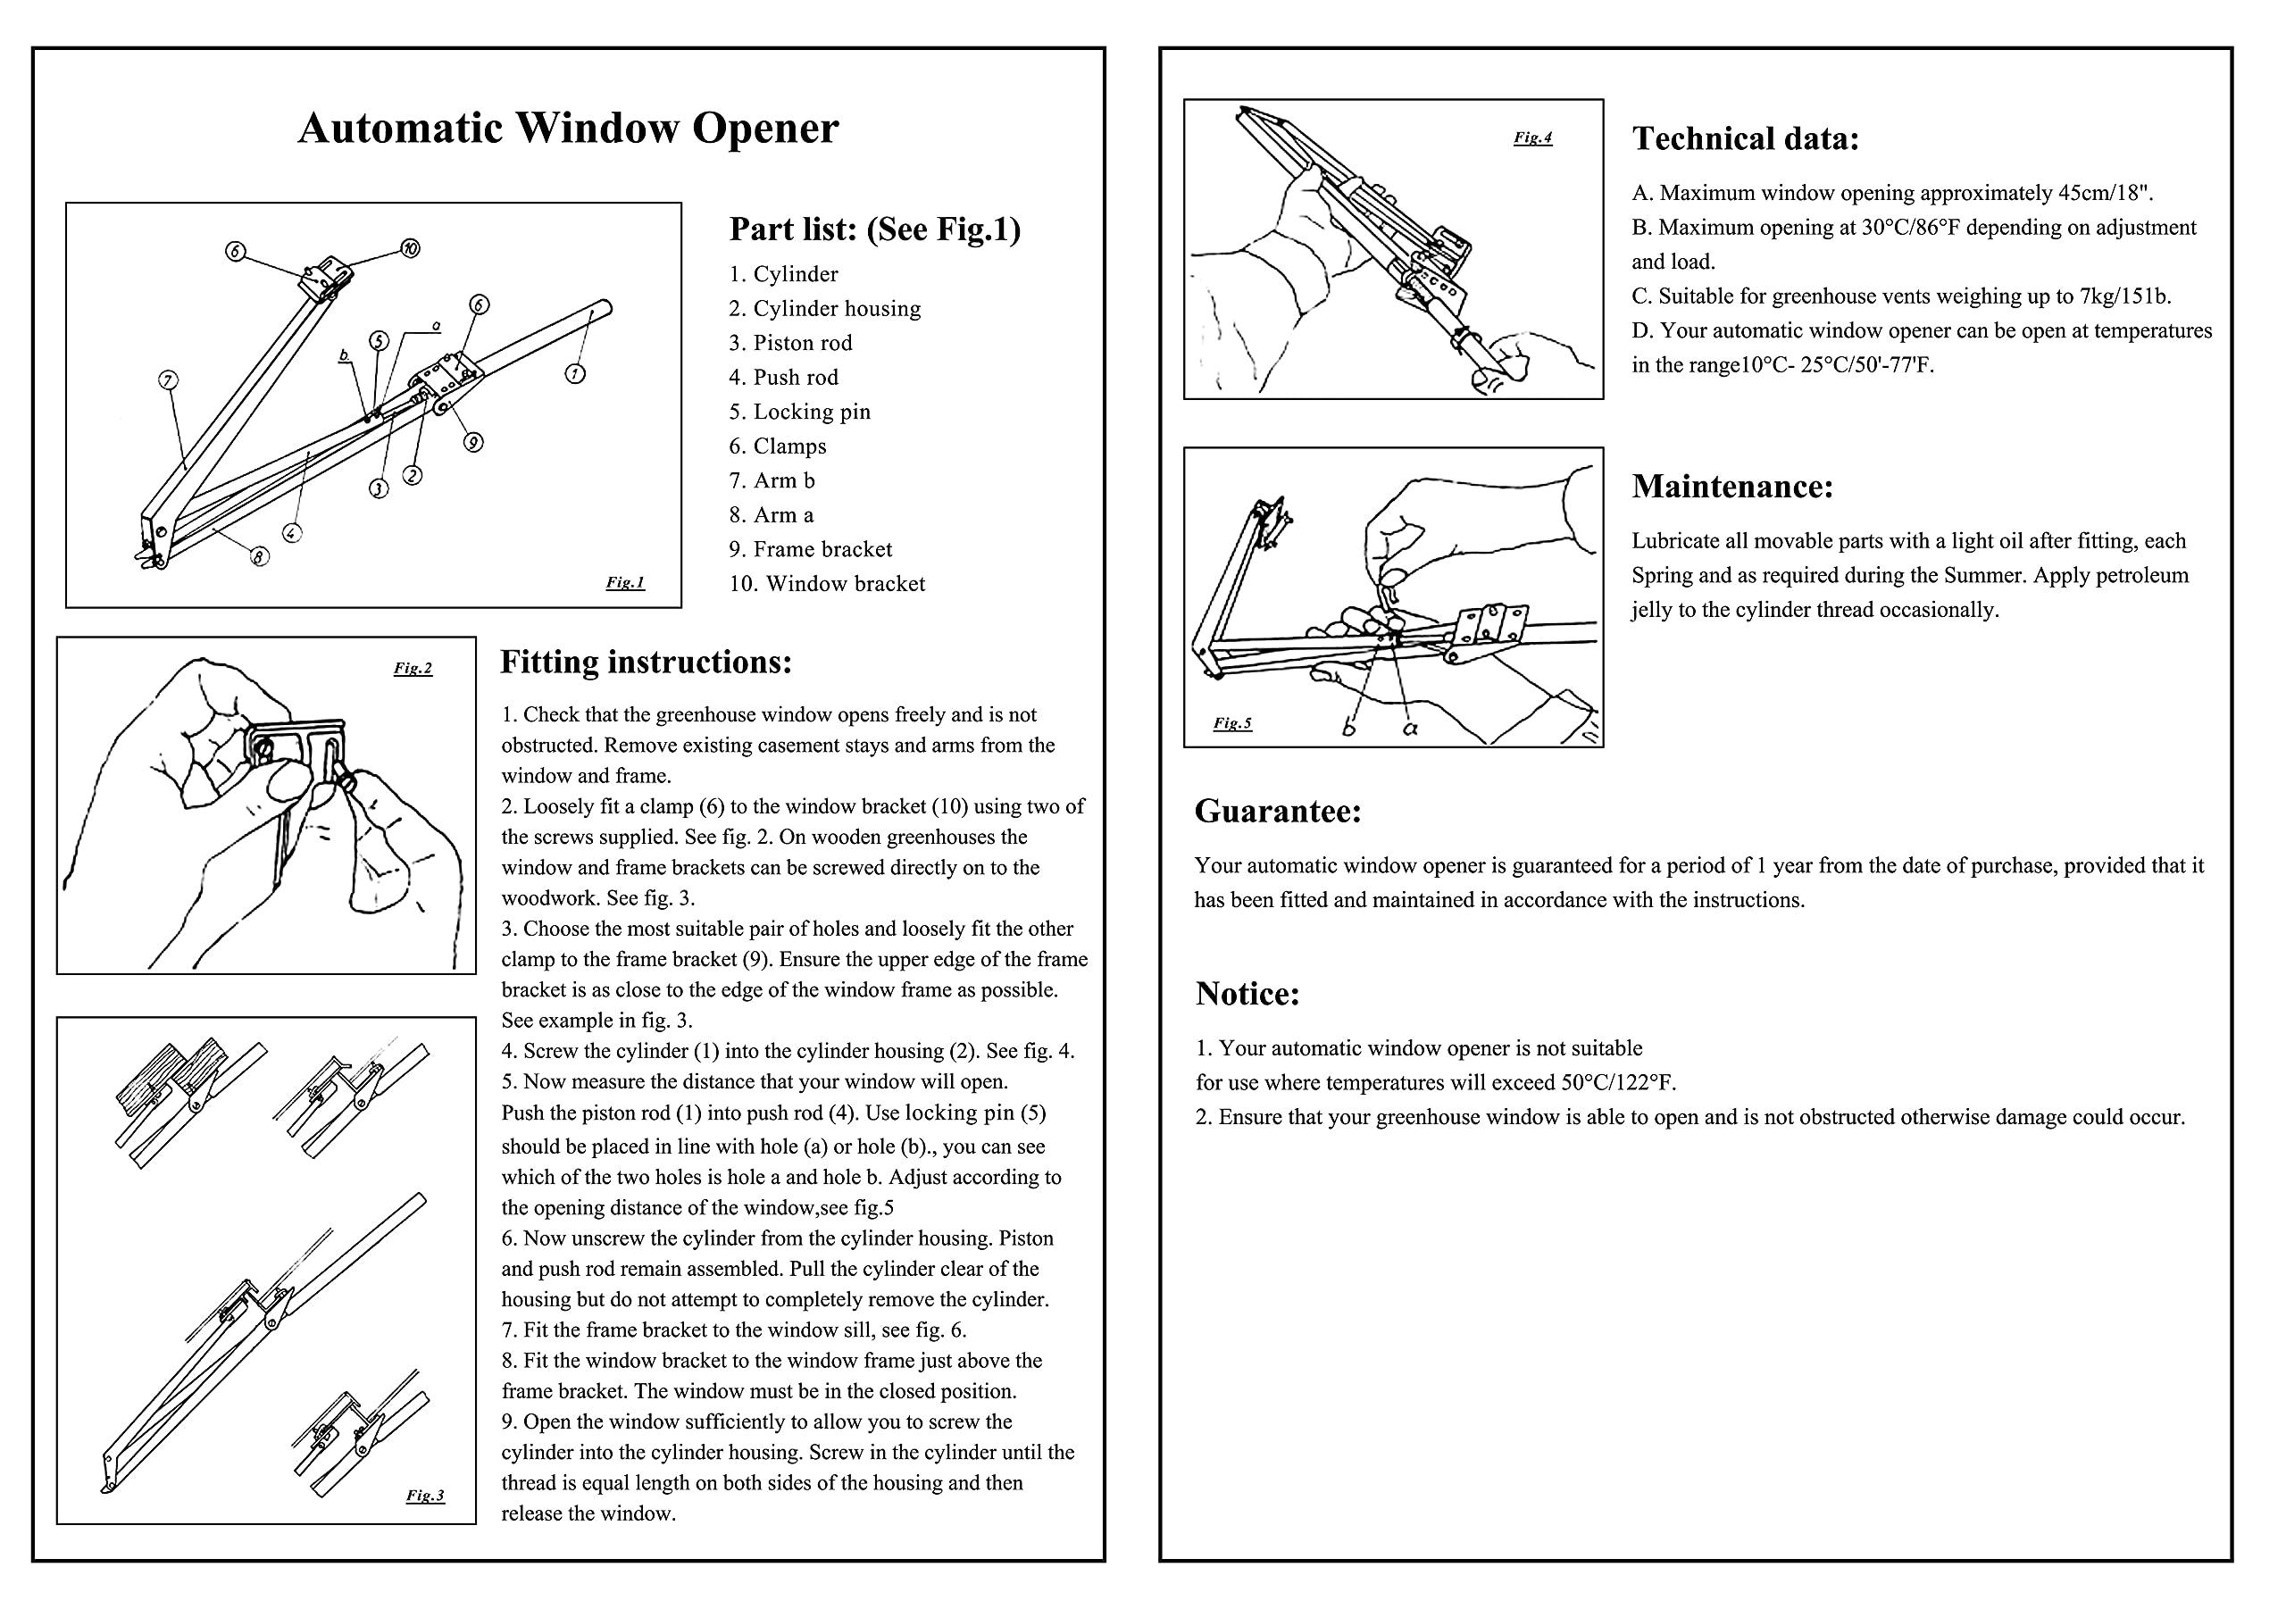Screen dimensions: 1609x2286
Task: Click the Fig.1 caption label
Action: (x=625, y=582)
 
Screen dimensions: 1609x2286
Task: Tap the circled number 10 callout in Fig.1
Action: (x=410, y=248)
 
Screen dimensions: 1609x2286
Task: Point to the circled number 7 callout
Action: (x=168, y=380)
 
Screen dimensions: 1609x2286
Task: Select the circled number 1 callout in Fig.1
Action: (x=575, y=374)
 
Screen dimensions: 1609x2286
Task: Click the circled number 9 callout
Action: (x=474, y=442)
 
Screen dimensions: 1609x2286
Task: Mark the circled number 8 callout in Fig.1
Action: (x=260, y=556)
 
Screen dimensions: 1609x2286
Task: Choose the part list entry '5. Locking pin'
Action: (x=799, y=413)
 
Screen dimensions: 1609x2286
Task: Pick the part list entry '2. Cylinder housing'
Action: (x=824, y=309)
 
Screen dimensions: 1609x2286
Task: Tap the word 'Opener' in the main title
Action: (x=764, y=129)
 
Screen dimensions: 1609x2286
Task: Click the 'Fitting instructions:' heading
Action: (x=647, y=663)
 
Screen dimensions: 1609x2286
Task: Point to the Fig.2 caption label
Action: (x=413, y=668)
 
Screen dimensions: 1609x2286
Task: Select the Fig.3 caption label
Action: (x=425, y=1495)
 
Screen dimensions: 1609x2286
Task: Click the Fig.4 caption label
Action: (x=1532, y=138)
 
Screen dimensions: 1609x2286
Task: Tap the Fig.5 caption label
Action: (x=1232, y=723)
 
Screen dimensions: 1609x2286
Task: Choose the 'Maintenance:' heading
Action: (x=1732, y=486)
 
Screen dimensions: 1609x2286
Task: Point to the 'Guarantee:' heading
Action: (x=1278, y=812)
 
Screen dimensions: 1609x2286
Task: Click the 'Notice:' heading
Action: (x=1247, y=994)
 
